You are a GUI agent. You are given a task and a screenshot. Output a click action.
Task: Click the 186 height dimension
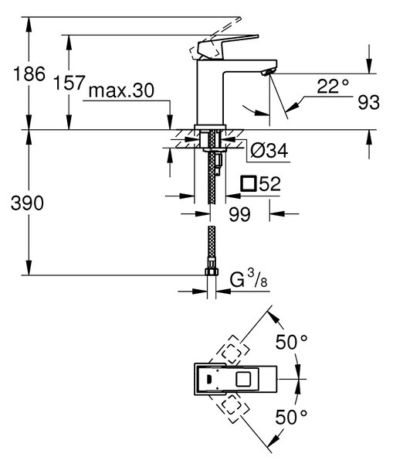tap(29, 74)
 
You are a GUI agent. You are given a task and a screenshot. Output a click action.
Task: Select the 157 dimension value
tap(69, 83)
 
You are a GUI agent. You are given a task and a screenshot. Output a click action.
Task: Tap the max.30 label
tap(121, 90)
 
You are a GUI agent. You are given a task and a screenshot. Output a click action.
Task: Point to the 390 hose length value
tap(27, 203)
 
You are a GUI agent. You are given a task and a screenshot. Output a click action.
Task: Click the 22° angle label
tap(333, 86)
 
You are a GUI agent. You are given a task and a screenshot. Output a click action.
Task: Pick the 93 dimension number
tap(369, 102)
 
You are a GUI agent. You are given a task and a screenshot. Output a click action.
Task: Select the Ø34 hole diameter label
tap(269, 150)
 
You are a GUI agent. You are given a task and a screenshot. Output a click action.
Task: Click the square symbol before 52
tap(248, 184)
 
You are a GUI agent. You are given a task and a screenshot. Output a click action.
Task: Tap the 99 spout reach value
tap(239, 214)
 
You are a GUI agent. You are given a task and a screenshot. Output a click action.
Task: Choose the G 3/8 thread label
tap(249, 279)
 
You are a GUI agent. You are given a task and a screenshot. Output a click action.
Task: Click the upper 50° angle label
tap(291, 342)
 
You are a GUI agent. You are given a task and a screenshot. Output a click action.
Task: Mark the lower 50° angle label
tap(291, 418)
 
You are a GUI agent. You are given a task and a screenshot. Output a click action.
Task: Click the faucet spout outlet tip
tap(269, 72)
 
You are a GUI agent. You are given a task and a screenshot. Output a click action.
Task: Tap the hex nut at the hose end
tap(212, 271)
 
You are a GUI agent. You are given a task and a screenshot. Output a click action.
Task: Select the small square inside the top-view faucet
tap(243, 379)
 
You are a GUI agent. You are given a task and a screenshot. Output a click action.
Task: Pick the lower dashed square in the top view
tap(232, 407)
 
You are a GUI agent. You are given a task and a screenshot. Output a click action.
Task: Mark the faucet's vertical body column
tap(210, 92)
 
